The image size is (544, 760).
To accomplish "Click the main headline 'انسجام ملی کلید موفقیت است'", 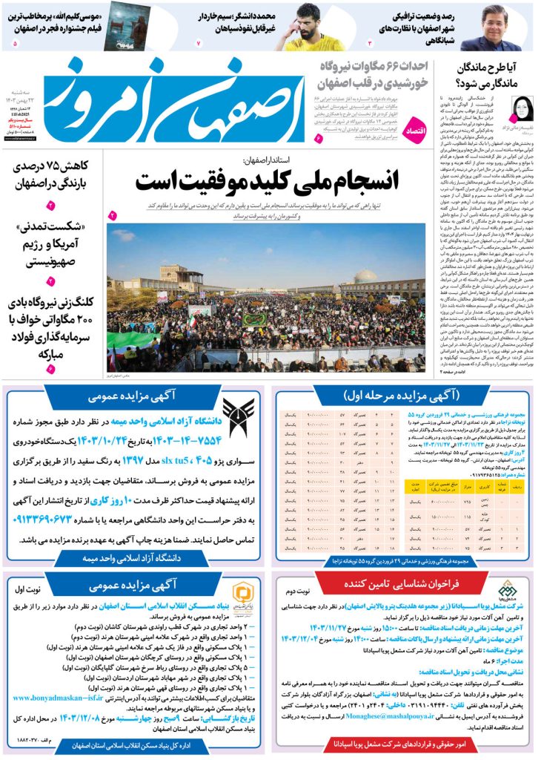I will (267, 180).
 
